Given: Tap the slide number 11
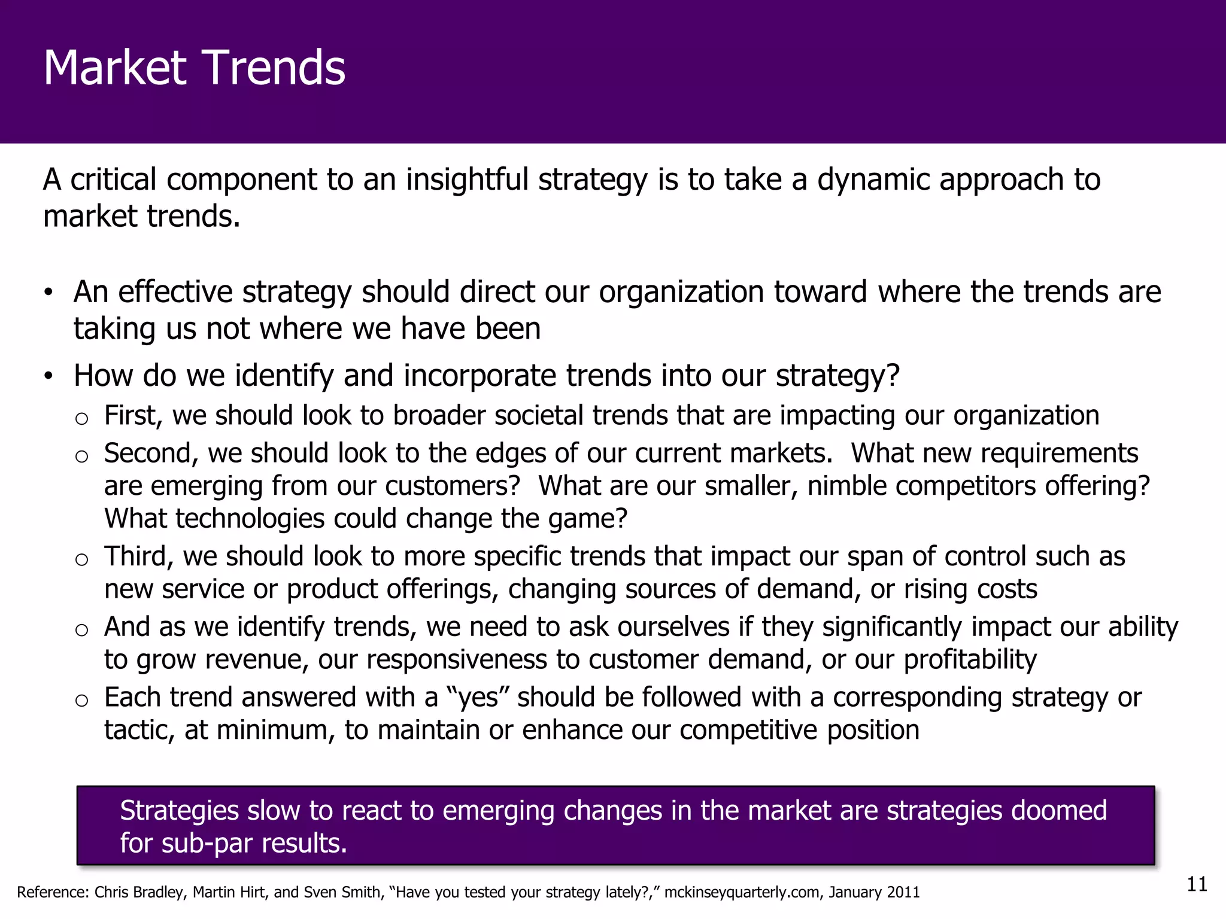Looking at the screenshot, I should click(1197, 884).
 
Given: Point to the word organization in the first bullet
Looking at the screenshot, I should click(681, 292).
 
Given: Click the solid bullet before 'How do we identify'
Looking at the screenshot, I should click(48, 376).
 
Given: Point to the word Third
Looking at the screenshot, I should click(138, 556).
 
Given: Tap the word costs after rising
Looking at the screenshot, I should click(1007, 589).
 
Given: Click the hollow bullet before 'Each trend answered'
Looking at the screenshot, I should click(81, 701).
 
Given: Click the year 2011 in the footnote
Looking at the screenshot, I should click(903, 893).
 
